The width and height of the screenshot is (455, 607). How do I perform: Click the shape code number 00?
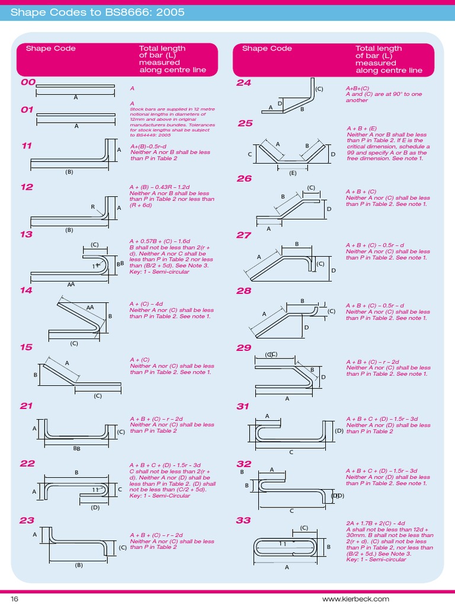tap(28, 82)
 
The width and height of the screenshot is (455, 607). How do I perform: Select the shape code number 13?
tap(26, 234)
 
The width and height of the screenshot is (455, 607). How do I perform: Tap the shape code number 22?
tap(27, 463)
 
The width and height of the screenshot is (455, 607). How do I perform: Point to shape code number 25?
tap(245, 123)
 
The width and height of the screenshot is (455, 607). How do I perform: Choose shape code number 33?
tap(243, 520)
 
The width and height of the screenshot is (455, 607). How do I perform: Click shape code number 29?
tap(244, 347)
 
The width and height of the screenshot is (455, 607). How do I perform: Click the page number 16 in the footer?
tap(15, 599)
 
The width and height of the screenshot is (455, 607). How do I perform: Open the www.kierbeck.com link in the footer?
tap(415, 599)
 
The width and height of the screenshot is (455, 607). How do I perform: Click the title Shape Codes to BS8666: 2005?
tap(97, 12)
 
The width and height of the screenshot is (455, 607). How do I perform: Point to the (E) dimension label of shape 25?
tap(293, 173)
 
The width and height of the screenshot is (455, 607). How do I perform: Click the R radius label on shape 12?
tap(92, 207)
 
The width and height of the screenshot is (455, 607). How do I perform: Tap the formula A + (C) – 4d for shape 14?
tap(146, 303)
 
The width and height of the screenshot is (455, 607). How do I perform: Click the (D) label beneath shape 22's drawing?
tap(95, 507)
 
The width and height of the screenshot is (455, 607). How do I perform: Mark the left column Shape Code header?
tap(50, 49)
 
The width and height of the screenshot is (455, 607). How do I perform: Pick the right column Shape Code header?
tap(267, 49)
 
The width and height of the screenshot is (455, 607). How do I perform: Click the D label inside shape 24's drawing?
tap(280, 103)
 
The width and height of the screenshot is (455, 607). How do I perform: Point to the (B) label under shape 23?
tap(79, 565)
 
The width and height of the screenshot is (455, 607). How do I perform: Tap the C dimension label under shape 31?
tap(291, 452)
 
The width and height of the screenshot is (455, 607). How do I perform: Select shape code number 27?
tap(244, 235)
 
